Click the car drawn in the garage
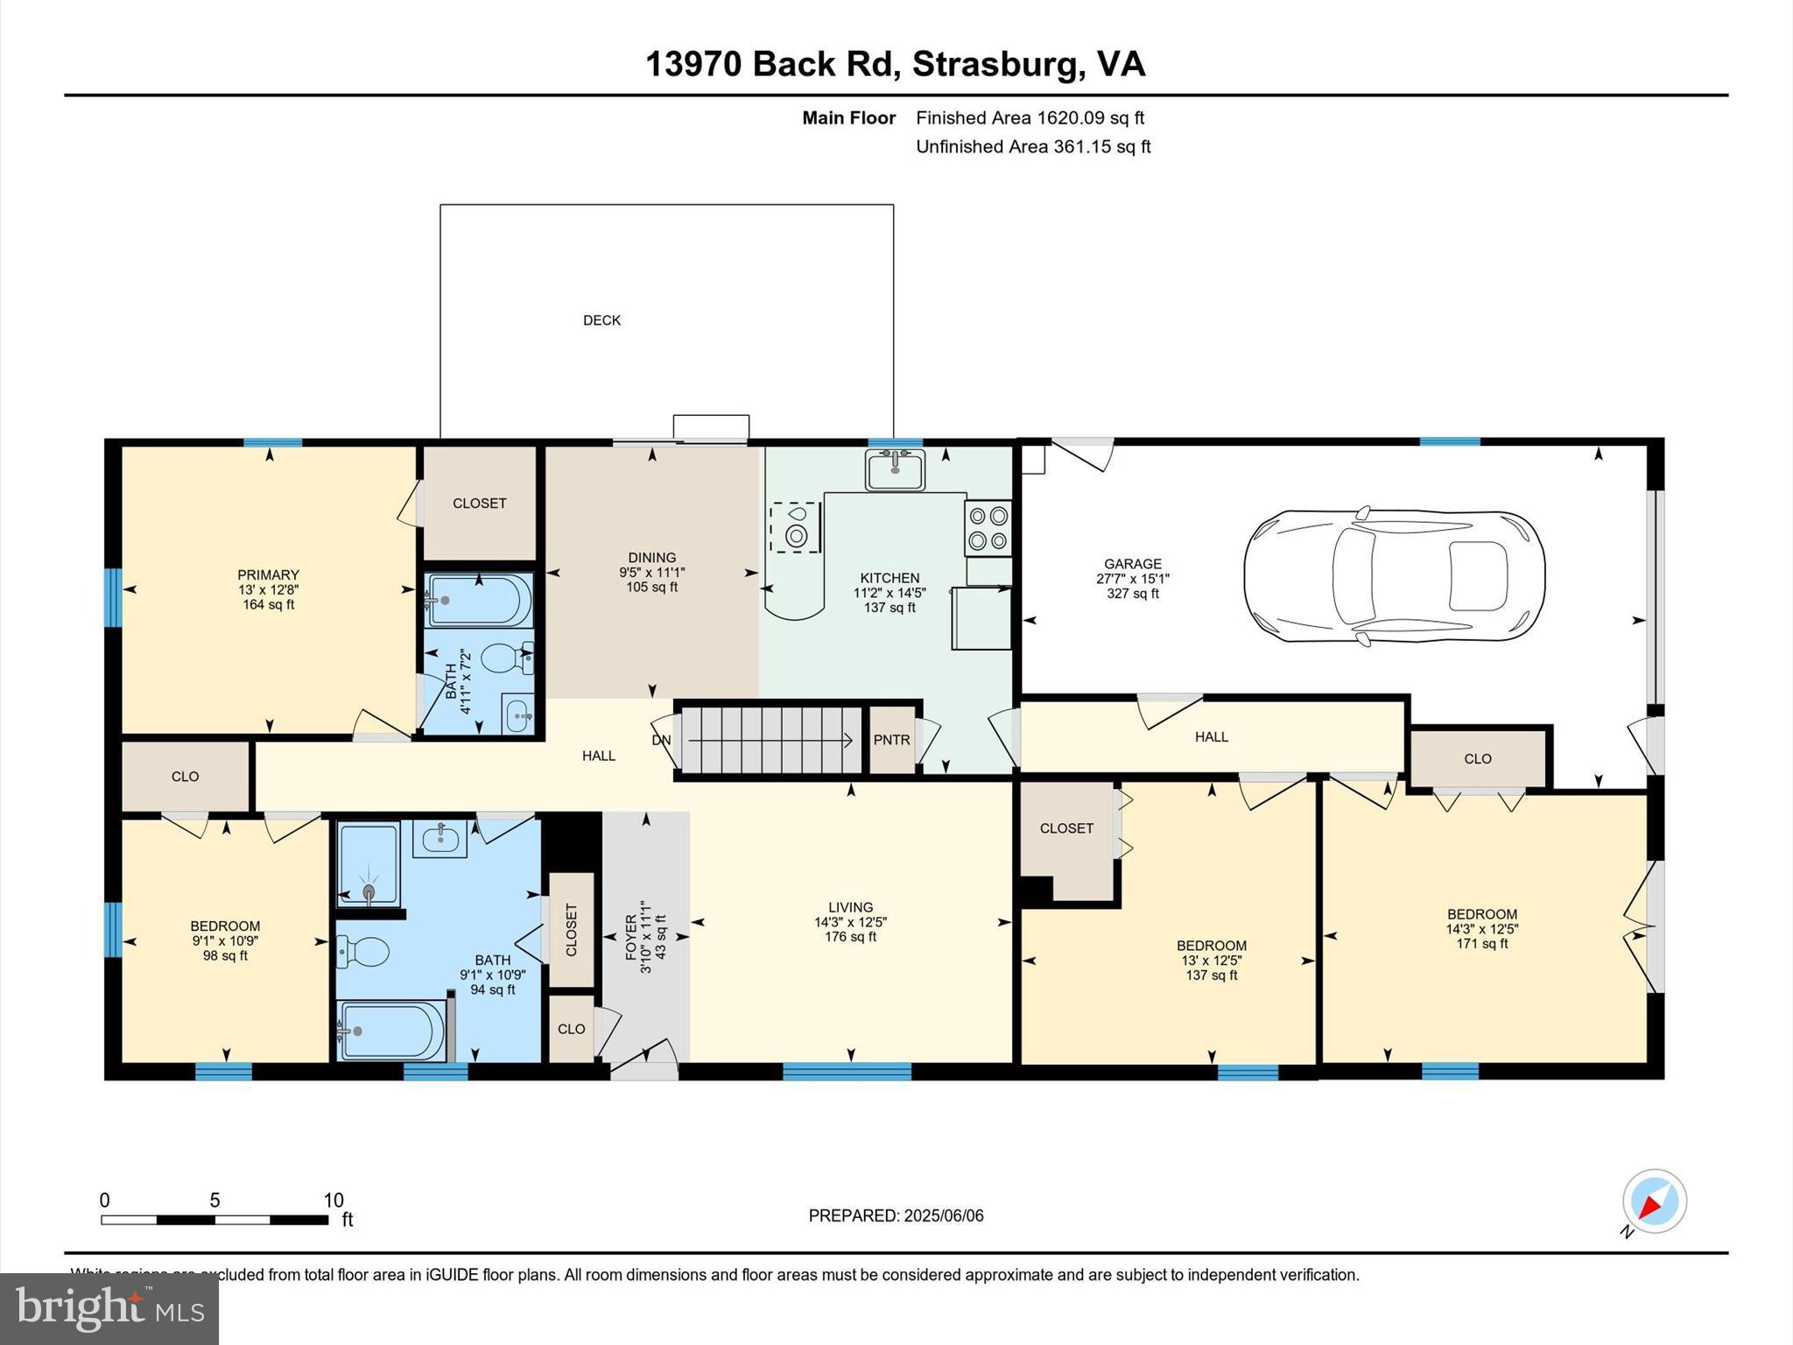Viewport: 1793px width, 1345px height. [x=1394, y=577]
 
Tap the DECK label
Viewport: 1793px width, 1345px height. [x=601, y=320]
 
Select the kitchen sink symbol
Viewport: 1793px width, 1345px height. [x=895, y=469]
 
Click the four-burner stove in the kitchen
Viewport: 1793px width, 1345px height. [x=988, y=528]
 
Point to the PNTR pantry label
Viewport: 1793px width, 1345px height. [x=891, y=740]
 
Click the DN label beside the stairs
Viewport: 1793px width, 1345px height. [x=661, y=740]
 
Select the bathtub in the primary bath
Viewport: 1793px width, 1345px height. [x=478, y=600]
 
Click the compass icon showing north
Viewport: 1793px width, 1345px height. [x=1654, y=1201]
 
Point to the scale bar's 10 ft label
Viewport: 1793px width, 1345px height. [x=334, y=1201]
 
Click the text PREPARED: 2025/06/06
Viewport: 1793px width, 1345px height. [x=896, y=1215]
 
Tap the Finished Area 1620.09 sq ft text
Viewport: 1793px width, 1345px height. [x=1030, y=118]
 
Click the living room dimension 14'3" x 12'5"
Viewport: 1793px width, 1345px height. [x=850, y=922]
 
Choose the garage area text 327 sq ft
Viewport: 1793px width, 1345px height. [x=1132, y=594]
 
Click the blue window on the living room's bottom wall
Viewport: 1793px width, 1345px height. [x=846, y=1070]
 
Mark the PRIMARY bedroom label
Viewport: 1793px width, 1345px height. [x=268, y=575]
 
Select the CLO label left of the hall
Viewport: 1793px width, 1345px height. [x=185, y=777]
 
